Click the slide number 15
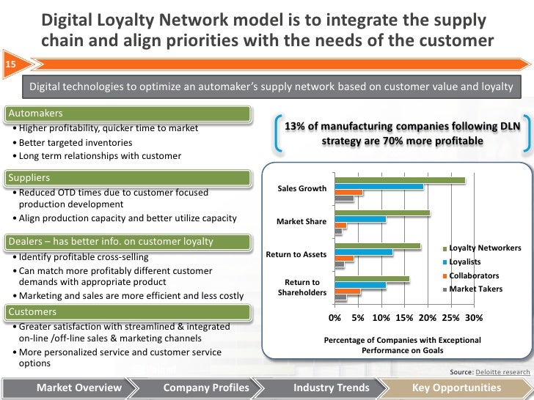(x=11, y=64)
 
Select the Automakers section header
(x=35, y=114)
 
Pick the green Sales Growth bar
(x=399, y=180)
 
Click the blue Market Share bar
(x=359, y=219)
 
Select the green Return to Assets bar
(x=377, y=246)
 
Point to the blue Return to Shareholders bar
(x=359, y=285)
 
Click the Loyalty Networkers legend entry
(x=484, y=248)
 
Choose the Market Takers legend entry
(x=475, y=289)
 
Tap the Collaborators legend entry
(x=474, y=275)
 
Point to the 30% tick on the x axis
(x=474, y=319)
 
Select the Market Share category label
(x=301, y=221)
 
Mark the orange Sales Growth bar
(x=348, y=192)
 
